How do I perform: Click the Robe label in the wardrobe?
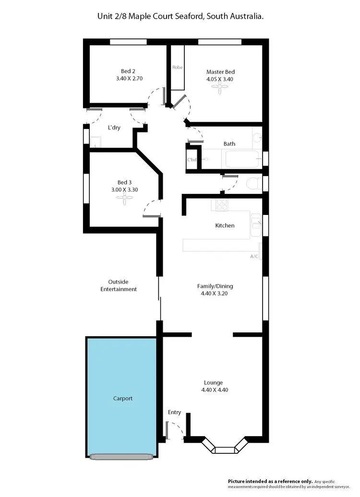(178, 67)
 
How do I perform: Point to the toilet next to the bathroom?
(253, 183)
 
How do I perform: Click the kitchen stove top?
(221, 205)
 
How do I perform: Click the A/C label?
(254, 257)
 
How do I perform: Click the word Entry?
(174, 412)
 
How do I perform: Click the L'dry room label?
(114, 128)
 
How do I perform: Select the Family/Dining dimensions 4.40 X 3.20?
(215, 294)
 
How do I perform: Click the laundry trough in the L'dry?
(96, 142)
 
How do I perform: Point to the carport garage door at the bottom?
(121, 456)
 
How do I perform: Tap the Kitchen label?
(225, 225)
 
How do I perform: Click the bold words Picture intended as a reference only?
(270, 481)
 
